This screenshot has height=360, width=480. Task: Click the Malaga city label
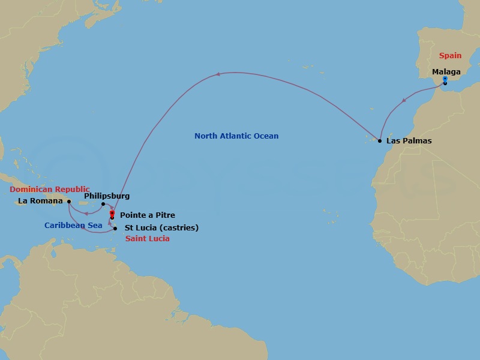(x=446, y=72)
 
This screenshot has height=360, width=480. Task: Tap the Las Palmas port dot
(x=380, y=140)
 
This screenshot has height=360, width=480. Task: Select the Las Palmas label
(x=409, y=141)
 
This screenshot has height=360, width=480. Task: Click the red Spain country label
(x=450, y=56)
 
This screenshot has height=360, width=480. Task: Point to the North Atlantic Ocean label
(x=236, y=136)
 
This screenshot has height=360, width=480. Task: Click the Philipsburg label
(x=107, y=196)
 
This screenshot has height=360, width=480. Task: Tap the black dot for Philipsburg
(x=103, y=204)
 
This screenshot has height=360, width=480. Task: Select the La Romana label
(x=41, y=201)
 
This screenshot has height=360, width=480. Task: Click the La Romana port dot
(x=69, y=202)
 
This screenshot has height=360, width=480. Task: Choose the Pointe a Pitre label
(x=148, y=215)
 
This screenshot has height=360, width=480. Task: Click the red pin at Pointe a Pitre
(x=112, y=213)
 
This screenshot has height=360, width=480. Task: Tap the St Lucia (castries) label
(x=161, y=228)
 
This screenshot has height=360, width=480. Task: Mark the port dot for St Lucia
(x=115, y=228)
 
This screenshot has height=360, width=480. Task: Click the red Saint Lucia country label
(x=148, y=239)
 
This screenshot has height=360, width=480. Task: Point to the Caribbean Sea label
(x=68, y=226)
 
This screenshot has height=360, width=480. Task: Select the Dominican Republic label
(x=50, y=189)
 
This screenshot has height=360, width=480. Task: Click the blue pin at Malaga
(x=445, y=79)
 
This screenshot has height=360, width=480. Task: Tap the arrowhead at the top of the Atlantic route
(x=219, y=74)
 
